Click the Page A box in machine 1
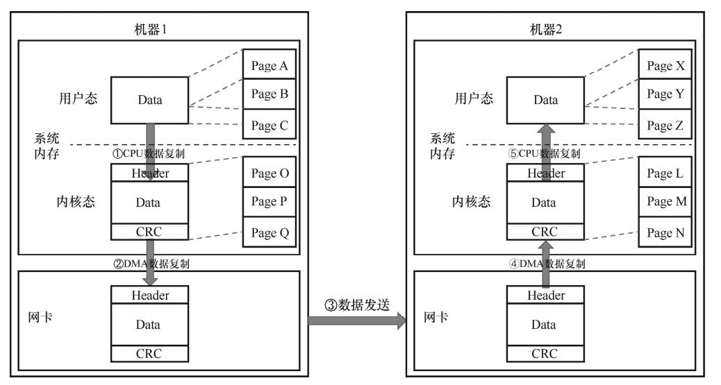(270, 67)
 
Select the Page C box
(270, 126)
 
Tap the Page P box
(270, 202)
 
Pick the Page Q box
(270, 232)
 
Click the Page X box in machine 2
(665, 67)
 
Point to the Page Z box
(665, 126)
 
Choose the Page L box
(665, 173)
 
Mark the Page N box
(665, 232)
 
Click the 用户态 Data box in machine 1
(149, 100)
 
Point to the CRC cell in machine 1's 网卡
(149, 353)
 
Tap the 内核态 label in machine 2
(470, 202)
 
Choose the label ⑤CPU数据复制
(544, 154)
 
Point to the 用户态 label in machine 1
(76, 98)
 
